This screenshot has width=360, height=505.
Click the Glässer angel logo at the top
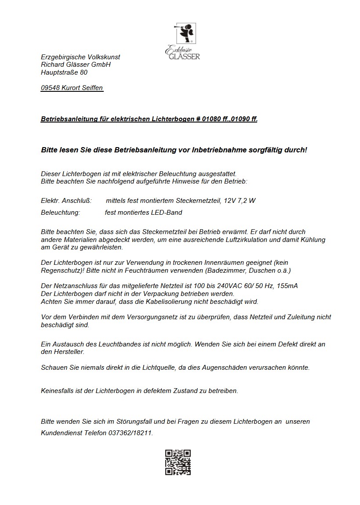pos(182,40)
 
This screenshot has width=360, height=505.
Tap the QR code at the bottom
pos(178,462)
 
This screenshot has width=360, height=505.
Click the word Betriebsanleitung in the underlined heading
pos(67,119)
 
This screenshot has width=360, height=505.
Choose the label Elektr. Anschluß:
pos(66,201)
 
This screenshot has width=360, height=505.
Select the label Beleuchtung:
pos(60,213)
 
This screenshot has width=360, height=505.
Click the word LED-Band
pos(168,213)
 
